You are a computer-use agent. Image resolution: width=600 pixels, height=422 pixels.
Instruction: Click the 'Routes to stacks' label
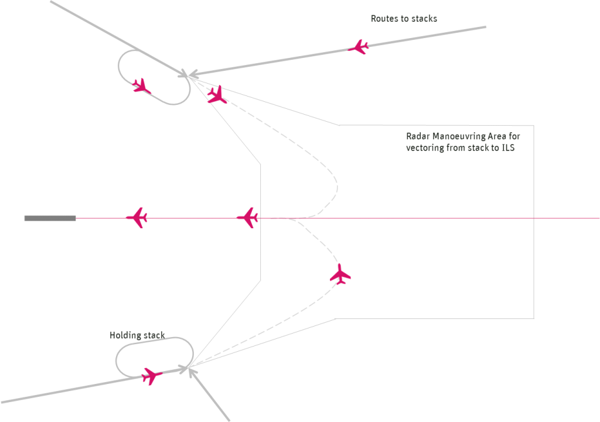404,19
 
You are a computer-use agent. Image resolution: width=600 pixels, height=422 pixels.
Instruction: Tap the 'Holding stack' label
137,335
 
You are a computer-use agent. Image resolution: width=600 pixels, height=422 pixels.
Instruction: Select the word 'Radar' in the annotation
418,136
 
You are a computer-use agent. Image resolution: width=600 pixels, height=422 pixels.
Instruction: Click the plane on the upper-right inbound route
358,47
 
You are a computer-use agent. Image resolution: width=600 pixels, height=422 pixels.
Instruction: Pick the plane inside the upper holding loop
141,87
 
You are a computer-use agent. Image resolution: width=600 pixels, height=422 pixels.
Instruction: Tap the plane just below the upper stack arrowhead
216,95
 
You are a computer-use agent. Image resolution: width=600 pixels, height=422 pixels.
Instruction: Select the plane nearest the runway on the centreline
137,218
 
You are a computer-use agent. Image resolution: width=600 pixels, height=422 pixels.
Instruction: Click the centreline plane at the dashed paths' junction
248,218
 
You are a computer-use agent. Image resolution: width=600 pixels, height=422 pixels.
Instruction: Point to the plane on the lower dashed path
340,274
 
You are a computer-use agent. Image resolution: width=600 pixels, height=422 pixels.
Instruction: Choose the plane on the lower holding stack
151,375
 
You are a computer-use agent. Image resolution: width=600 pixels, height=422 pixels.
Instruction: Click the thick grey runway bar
50,218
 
